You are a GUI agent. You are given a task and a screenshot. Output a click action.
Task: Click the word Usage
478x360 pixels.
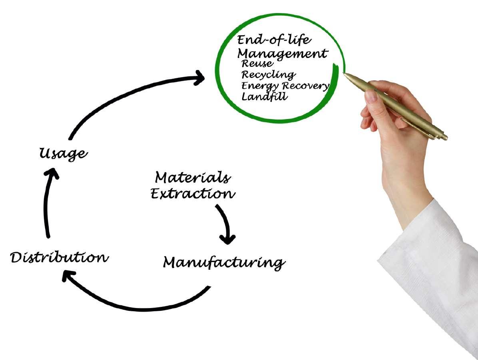coord(63,153)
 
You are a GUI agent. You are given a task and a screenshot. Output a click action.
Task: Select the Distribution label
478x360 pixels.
coord(59,257)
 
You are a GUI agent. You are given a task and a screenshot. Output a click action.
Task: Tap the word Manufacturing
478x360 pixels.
coord(224,263)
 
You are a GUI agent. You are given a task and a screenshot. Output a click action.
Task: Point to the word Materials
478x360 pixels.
coord(192,177)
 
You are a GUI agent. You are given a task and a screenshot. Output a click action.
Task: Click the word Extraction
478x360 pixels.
coord(193,194)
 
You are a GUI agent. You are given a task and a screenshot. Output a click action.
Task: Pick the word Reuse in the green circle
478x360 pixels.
coord(257,63)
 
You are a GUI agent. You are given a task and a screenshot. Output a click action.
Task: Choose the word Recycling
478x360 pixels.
coord(268,75)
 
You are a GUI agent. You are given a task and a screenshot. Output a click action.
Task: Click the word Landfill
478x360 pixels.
coord(264,96)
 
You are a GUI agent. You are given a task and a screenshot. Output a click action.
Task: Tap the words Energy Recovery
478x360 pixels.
coord(285,86)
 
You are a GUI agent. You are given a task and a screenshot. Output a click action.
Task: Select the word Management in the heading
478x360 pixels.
coord(282,53)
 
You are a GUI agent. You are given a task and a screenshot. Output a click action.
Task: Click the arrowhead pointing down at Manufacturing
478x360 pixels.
coord(228,239)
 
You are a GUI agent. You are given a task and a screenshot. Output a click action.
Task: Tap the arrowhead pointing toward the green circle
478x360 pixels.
coord(199,77)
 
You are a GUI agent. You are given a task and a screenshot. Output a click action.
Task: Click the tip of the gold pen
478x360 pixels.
coord(345,74)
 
